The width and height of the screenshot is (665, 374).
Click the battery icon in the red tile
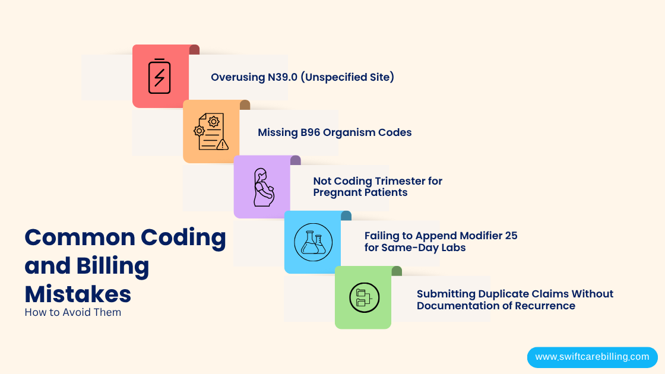pyautogui.click(x=159, y=76)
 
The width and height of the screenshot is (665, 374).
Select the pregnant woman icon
pyautogui.click(x=263, y=187)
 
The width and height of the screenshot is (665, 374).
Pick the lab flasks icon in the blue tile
pyautogui.click(x=313, y=242)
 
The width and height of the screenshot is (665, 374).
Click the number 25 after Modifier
pyautogui.click(x=511, y=236)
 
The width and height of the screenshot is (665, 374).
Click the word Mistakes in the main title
pyautogui.click(x=78, y=294)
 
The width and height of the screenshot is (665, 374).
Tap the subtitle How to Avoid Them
pyautogui.click(x=72, y=312)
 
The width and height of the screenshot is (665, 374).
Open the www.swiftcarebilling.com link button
pyautogui.click(x=592, y=357)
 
